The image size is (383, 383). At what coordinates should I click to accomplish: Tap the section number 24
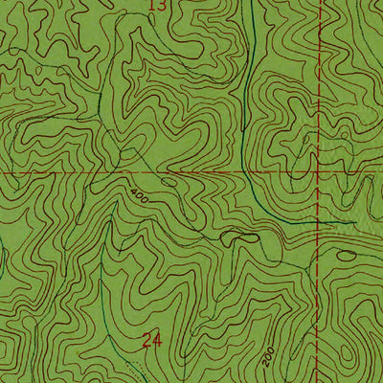151,339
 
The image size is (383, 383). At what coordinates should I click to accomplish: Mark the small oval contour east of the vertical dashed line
347,255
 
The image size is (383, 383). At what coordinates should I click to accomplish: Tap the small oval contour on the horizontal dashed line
169,179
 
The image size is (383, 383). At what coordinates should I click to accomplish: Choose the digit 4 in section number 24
157,339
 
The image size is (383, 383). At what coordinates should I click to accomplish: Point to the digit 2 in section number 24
146,339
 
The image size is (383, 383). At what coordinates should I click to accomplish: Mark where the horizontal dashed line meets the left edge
0,172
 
